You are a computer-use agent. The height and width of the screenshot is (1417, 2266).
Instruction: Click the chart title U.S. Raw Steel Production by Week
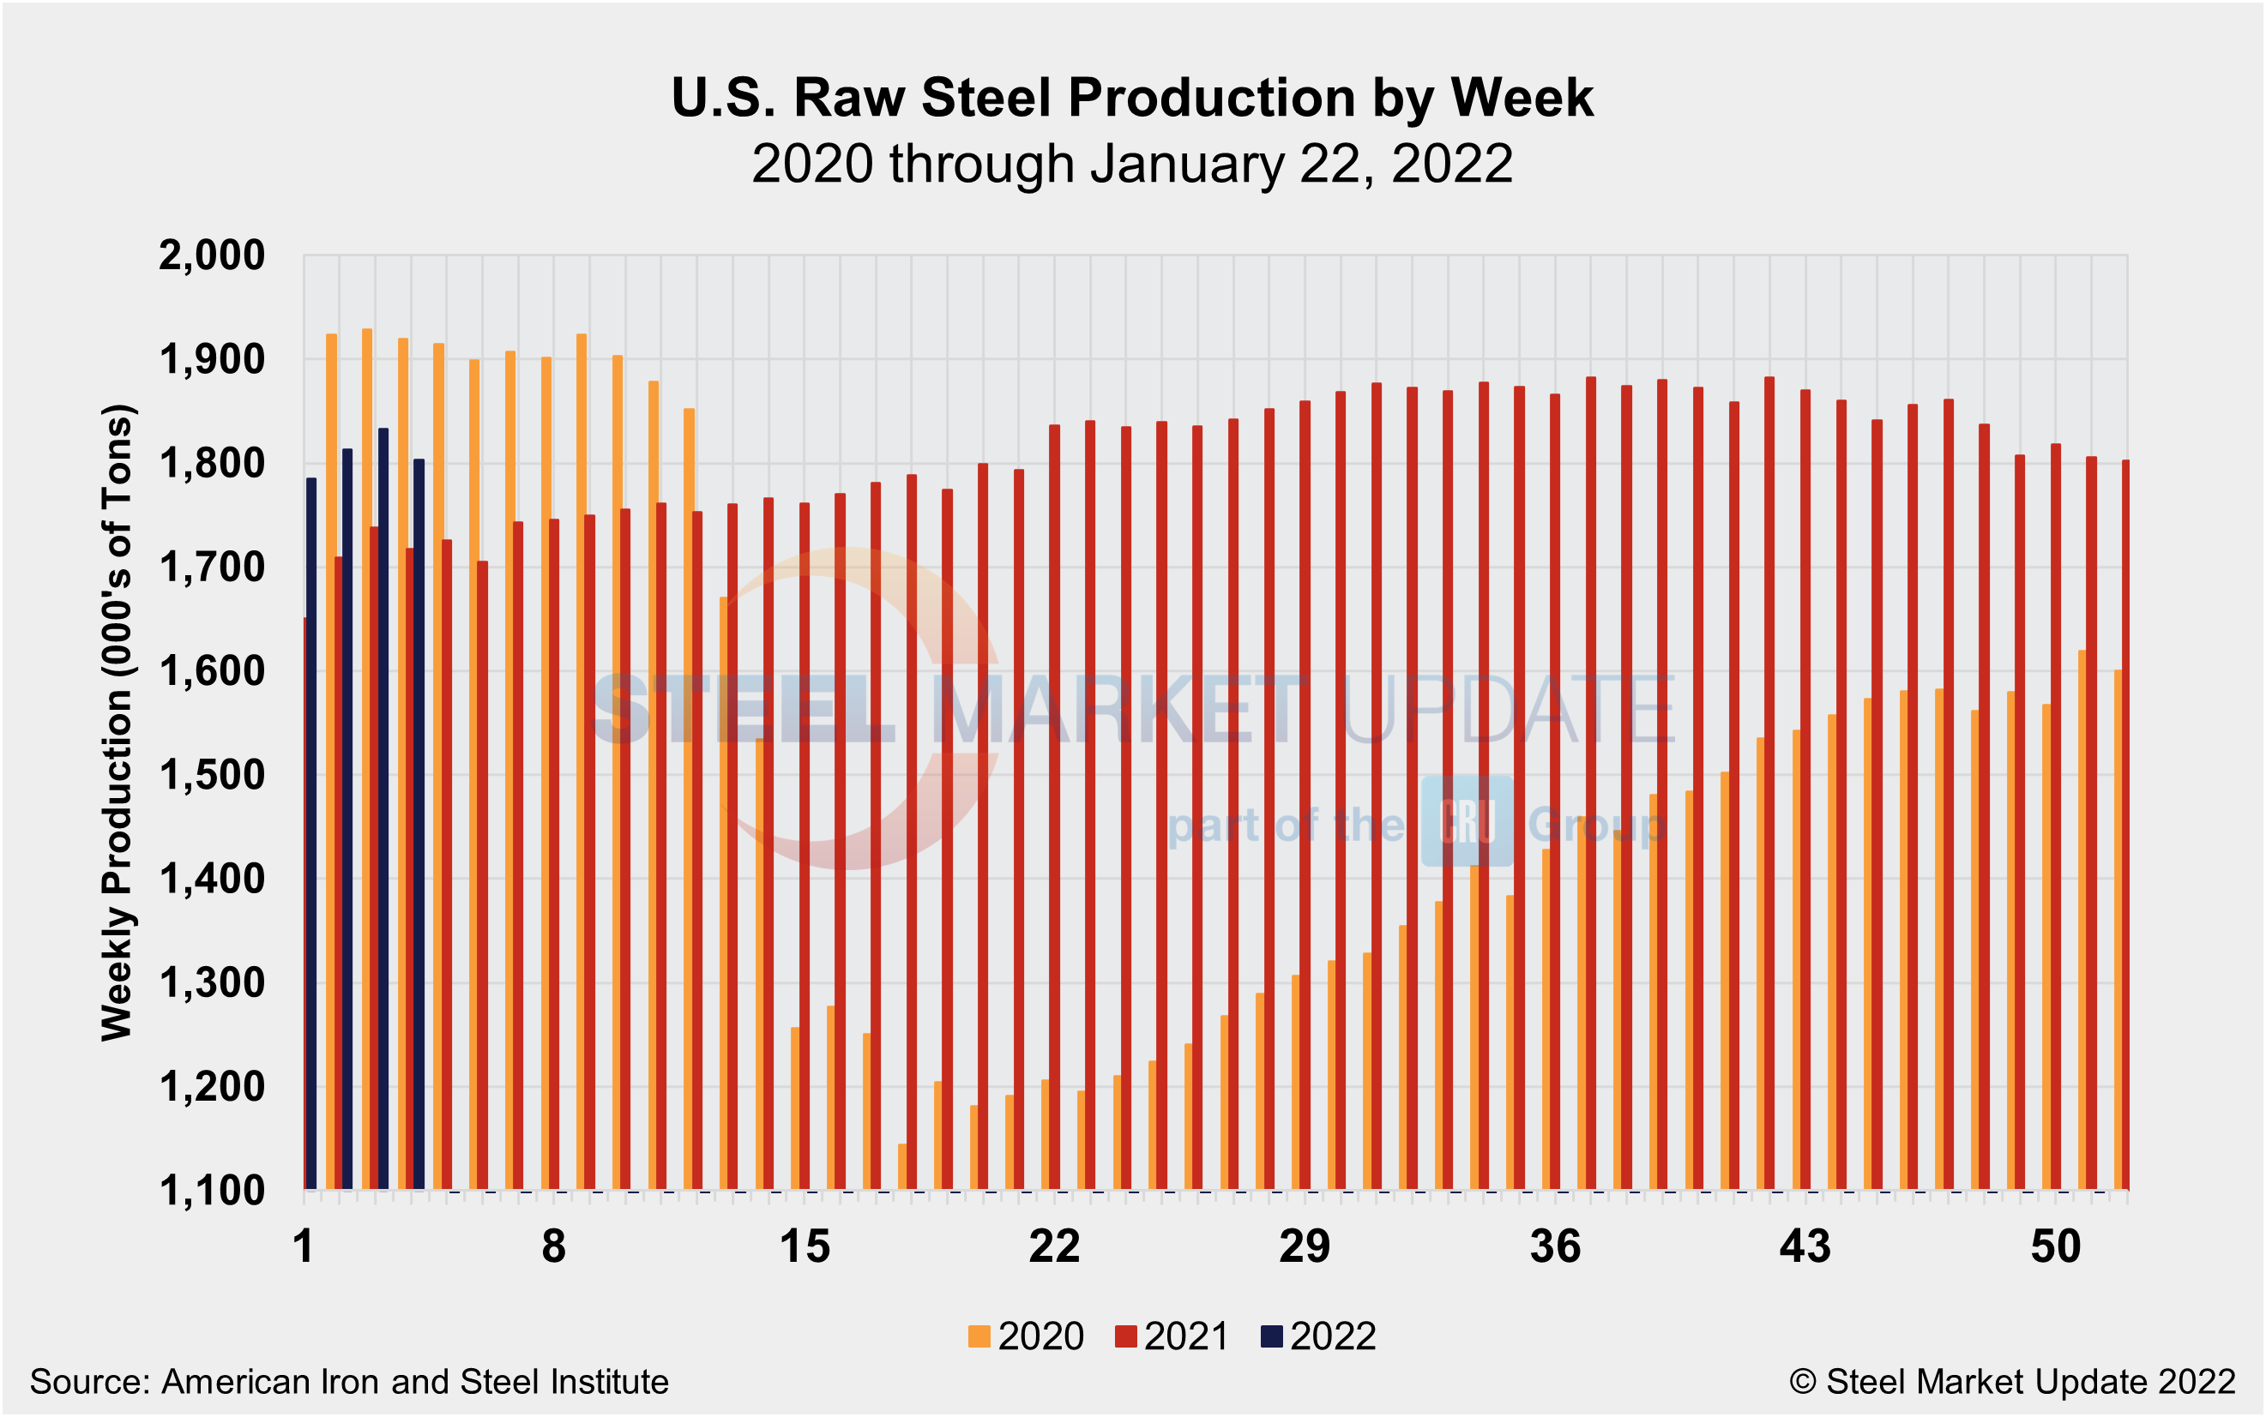coord(1131,98)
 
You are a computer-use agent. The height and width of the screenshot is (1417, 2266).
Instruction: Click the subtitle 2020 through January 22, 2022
coord(1131,164)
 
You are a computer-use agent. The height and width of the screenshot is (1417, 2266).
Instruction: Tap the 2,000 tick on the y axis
coord(212,255)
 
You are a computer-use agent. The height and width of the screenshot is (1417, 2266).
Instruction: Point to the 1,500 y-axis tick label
coord(212,776)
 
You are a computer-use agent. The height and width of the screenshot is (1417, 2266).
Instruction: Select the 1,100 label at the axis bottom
coord(212,1192)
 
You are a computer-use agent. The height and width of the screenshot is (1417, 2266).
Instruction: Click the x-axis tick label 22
coord(1054,1247)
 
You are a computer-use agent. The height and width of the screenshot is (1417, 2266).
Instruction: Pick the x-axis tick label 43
coord(1805,1247)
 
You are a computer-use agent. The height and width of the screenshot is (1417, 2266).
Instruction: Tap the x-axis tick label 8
coord(554,1247)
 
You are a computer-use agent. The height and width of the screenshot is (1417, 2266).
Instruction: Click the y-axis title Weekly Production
coord(118,722)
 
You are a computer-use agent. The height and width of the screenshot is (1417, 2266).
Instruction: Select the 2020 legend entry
coord(1026,1336)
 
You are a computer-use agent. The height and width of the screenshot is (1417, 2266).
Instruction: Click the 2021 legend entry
coord(1172,1336)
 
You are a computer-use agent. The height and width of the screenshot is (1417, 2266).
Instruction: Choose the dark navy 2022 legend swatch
coord(1271,1336)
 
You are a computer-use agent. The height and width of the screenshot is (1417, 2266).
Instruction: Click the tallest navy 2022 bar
coord(383,806)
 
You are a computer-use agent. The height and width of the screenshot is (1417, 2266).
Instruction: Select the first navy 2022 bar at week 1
coord(311,834)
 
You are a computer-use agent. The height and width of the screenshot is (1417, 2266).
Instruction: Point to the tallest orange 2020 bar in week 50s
coord(2082,918)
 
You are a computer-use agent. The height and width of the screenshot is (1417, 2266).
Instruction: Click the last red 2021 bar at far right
coord(2125,825)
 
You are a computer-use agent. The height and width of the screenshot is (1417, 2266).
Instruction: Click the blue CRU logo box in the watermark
coord(1467,821)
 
